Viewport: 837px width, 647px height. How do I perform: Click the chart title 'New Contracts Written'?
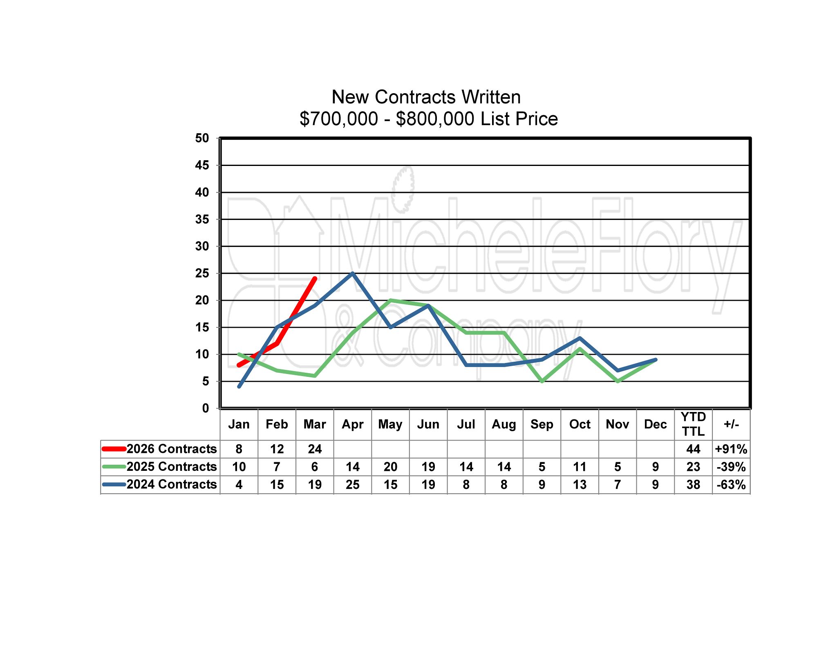[426, 97]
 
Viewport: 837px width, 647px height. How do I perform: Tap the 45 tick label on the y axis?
[202, 166]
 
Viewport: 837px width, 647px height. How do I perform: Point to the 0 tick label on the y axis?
[205, 408]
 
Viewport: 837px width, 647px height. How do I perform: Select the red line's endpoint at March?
[315, 279]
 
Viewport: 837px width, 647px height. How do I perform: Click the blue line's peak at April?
[352, 273]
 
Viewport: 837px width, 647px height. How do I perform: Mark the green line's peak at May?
[390, 300]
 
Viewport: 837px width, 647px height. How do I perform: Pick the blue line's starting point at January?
[239, 386]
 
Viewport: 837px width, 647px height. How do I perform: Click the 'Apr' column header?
[352, 424]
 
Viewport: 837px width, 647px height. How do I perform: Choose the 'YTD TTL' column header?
[693, 424]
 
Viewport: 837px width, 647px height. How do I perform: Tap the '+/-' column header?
[731, 424]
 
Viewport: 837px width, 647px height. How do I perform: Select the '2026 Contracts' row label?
[172, 449]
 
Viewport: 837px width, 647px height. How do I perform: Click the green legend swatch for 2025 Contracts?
[114, 466]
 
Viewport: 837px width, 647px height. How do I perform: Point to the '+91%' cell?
[731, 449]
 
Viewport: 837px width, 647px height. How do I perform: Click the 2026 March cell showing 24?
[315, 449]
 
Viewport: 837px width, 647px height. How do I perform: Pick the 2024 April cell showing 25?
[352, 485]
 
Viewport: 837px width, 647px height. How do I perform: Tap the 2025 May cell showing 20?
[390, 467]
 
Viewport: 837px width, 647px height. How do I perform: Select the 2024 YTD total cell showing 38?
[693, 485]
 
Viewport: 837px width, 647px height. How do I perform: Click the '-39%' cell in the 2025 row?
[731, 467]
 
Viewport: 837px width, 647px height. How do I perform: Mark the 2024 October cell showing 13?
[580, 485]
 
